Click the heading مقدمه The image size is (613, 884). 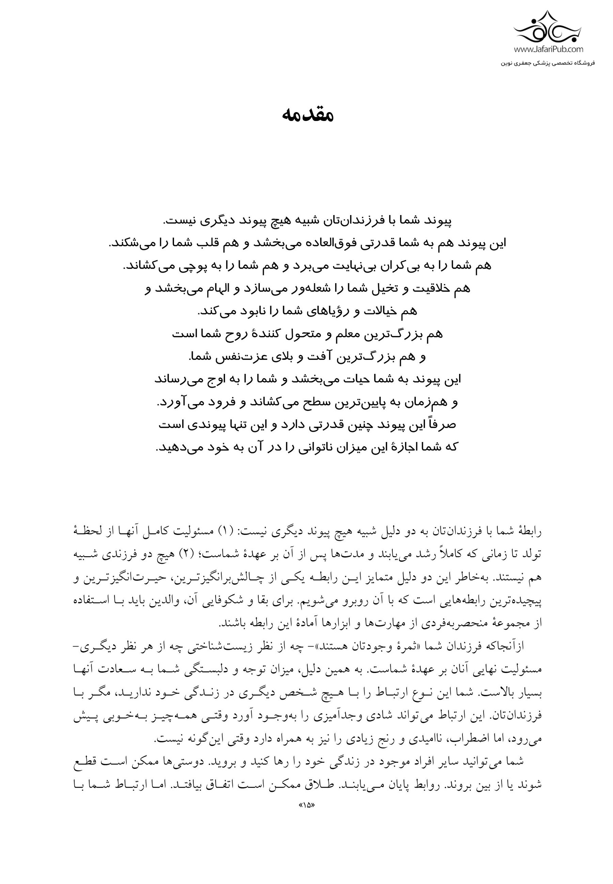coord(308,114)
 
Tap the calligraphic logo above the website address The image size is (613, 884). coord(548,29)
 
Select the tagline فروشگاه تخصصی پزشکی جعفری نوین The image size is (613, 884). coord(548,63)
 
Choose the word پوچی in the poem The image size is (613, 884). coord(219,265)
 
